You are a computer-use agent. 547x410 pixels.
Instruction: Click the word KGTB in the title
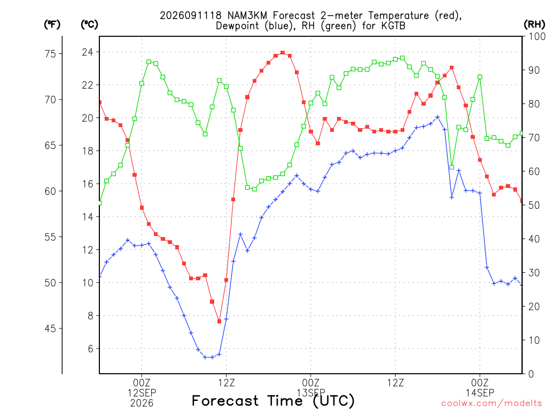(x=393, y=26)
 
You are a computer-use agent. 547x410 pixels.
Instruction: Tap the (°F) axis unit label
(x=52, y=25)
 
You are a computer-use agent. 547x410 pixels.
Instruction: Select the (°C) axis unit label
(x=89, y=25)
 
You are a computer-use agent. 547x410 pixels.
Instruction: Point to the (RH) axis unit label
(x=534, y=25)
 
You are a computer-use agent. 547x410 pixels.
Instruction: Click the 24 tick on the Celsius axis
(x=88, y=52)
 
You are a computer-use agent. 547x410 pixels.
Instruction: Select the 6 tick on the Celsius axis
(x=90, y=349)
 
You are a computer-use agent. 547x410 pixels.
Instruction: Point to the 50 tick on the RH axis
(x=534, y=206)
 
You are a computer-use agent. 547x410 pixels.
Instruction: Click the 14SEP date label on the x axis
(x=480, y=393)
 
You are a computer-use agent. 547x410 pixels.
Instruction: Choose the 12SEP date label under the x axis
(x=142, y=393)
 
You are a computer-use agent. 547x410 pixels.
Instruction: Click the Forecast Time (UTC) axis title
(x=273, y=401)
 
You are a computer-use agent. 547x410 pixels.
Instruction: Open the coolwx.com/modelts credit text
(x=491, y=404)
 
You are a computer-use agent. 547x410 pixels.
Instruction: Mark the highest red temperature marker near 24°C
(x=283, y=53)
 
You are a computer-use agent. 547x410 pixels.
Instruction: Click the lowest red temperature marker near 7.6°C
(x=219, y=321)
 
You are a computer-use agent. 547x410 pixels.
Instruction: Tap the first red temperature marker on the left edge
(x=100, y=102)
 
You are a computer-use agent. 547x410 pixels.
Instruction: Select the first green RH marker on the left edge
(x=100, y=203)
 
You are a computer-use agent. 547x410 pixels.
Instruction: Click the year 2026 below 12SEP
(x=142, y=404)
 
